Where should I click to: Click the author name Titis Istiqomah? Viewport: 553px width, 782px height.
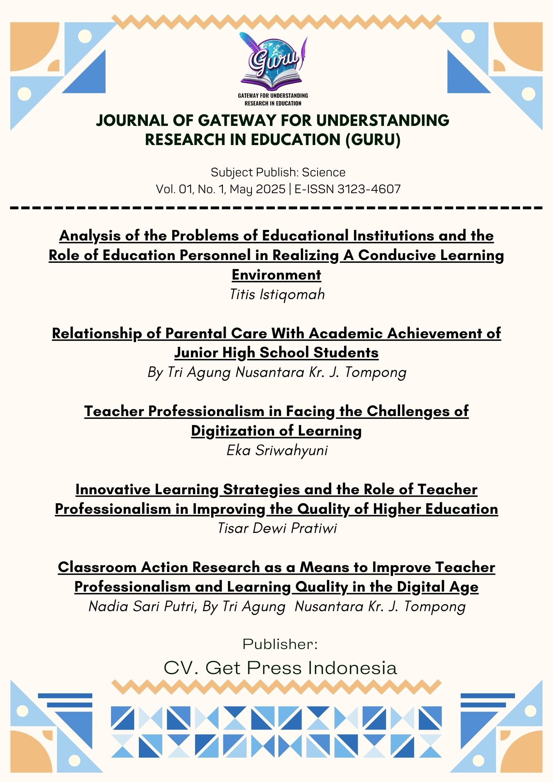tap(277, 294)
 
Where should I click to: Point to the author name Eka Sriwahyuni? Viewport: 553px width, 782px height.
tap(277, 450)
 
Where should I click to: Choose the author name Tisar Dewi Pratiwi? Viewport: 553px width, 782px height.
tap(277, 528)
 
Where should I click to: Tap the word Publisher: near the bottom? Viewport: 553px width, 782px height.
tap(280, 644)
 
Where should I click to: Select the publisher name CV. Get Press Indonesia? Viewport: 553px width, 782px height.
tap(280, 668)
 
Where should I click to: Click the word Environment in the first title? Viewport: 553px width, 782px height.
tap(276, 275)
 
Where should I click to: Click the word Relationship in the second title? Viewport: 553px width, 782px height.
tap(97, 334)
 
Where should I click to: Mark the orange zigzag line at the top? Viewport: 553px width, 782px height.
tap(276, 22)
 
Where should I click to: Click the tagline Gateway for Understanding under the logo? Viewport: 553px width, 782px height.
tap(273, 95)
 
